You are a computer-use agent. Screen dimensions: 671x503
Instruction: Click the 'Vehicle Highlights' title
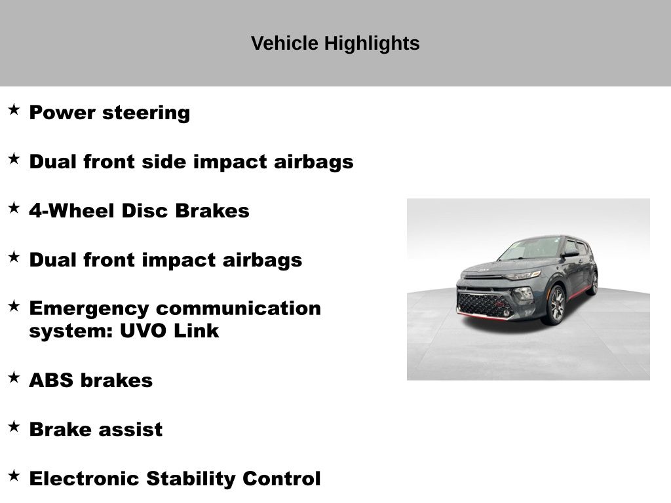[x=335, y=44]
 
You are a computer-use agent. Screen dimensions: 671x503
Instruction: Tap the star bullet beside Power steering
[x=14, y=109]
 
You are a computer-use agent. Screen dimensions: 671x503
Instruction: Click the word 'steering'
[x=146, y=113]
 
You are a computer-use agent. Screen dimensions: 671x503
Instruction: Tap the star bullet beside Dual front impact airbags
[x=14, y=257]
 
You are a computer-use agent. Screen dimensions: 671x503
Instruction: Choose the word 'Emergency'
[x=89, y=309]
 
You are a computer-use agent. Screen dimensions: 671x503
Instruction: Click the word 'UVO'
[x=143, y=331]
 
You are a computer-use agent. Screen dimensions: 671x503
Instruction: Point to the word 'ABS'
[x=51, y=381]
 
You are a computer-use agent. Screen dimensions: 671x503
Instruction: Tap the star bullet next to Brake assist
[x=14, y=426]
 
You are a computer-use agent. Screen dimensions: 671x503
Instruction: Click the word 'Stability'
[x=191, y=479]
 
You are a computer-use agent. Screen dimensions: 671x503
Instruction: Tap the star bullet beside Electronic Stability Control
[x=14, y=475]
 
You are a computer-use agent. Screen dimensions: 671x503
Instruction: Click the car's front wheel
[x=555, y=305]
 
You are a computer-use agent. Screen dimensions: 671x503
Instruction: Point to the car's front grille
[x=484, y=304]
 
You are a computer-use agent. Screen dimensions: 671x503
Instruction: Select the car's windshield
[x=531, y=248]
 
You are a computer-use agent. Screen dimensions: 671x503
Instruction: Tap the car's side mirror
[x=571, y=253]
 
